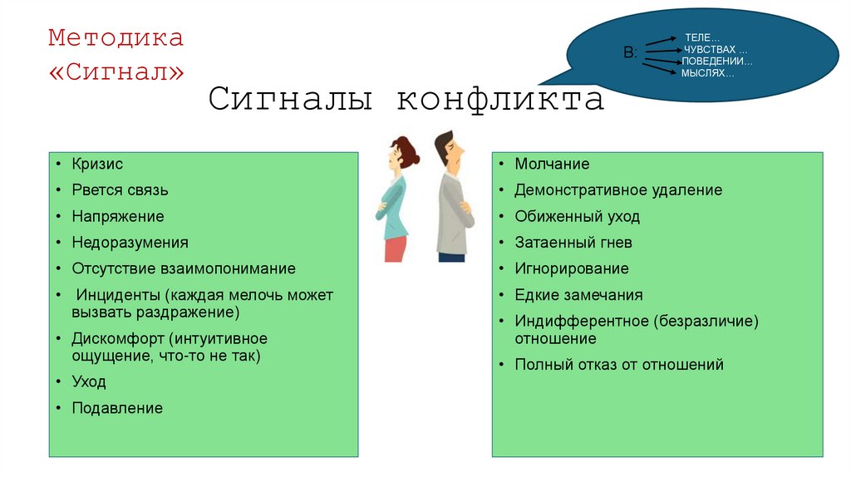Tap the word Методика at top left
pos(116,38)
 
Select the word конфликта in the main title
pos(499,99)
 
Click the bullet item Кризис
pos(97,165)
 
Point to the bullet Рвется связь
pos(120,190)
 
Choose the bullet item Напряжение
pos(117,216)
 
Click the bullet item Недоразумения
pos(130,243)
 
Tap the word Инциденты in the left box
pos(117,295)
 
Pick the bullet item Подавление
pos(117,408)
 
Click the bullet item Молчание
pos(552,165)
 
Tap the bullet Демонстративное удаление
pos(618,190)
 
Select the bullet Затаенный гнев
pos(573,243)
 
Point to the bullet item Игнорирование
pos(572,268)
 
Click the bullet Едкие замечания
pos(578,295)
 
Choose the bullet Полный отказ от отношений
pos(619,364)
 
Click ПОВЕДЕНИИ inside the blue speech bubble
pos(717,61)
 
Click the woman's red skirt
pos(396,248)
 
